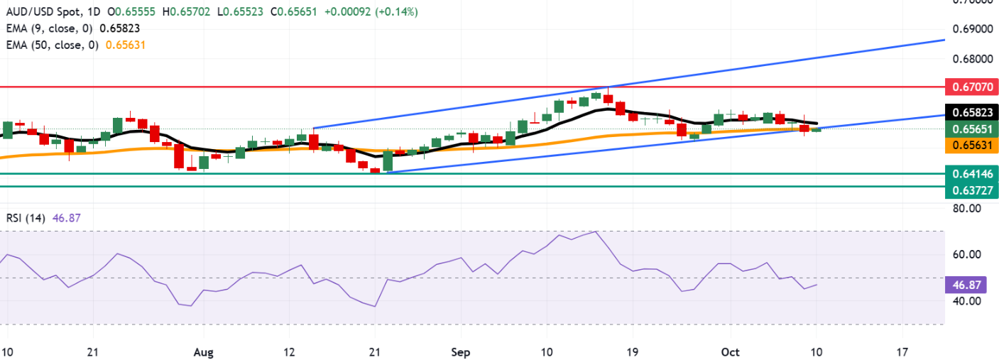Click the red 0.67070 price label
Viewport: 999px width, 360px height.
[972, 87]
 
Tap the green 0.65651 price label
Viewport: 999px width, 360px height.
[972, 129]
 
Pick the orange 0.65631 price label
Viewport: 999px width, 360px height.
[972, 145]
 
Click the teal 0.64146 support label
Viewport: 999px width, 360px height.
[972, 173]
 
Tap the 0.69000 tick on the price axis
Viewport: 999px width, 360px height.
[972, 29]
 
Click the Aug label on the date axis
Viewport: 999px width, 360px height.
[203, 351]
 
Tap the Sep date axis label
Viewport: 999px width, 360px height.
[461, 351]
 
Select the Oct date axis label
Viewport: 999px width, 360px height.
[731, 351]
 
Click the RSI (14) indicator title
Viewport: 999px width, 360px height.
[25, 219]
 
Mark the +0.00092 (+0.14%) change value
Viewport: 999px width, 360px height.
[376, 12]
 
